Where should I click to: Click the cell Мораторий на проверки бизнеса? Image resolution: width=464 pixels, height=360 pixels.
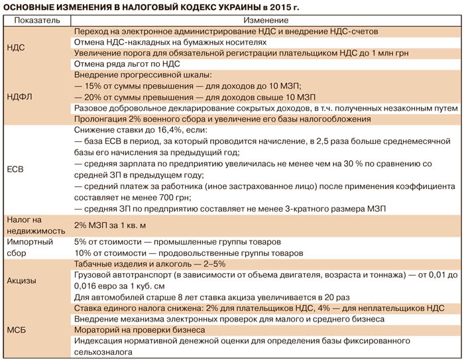[144, 330]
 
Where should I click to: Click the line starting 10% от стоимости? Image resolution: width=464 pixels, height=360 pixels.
[188, 253]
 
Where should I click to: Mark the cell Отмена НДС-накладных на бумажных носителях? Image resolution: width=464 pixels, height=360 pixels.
[170, 42]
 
